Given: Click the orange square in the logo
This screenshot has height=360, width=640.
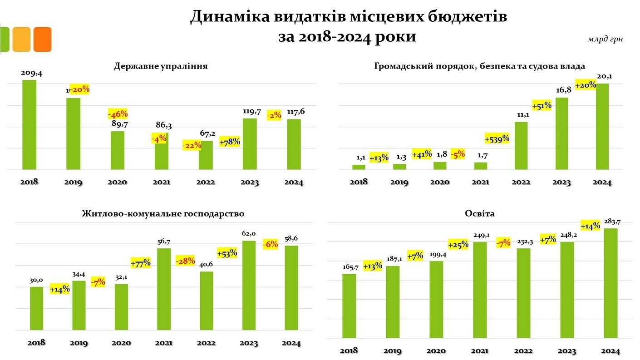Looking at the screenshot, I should [43, 39].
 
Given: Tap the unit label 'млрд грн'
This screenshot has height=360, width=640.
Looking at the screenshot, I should [605, 39].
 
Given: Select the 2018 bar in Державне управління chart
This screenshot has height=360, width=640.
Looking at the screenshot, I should [29, 125].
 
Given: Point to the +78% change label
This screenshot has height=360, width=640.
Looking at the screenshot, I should [230, 142].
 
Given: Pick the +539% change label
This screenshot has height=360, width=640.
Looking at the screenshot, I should [497, 138].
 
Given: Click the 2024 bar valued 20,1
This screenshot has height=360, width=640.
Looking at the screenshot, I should [602, 127].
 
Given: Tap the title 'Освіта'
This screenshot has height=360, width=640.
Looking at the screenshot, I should [480, 213].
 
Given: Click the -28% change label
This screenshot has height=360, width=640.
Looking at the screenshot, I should [186, 261].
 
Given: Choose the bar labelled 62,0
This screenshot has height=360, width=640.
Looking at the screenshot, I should [249, 285].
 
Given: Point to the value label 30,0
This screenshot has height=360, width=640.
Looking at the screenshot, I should [36, 280].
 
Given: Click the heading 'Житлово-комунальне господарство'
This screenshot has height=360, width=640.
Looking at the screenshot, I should [163, 213].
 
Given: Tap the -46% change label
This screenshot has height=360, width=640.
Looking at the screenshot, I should [118, 113].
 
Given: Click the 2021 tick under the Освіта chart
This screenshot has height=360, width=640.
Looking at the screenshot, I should [480, 351].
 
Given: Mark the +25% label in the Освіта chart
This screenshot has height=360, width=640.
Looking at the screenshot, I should [458, 245].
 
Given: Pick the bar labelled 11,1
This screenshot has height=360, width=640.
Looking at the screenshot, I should [521, 146].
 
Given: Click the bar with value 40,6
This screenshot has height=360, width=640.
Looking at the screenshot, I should [207, 301].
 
